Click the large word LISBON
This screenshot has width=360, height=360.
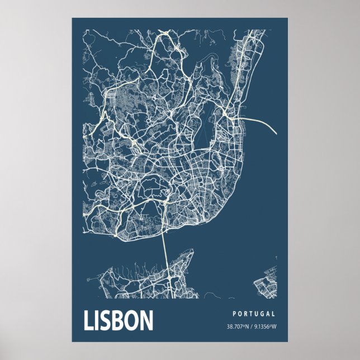119,320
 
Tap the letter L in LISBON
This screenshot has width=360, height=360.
88,320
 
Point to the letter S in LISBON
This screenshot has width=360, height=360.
104,320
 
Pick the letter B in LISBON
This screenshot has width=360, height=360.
117,320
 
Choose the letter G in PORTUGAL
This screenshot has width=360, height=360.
262,314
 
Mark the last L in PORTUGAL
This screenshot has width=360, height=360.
273,314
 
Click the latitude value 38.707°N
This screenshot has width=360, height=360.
238,326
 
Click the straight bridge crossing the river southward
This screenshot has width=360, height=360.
164,252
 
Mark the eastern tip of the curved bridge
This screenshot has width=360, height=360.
276,134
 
